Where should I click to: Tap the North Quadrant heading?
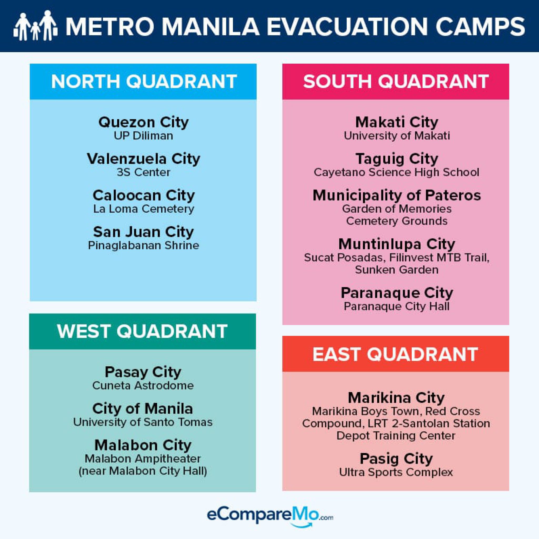click(144, 82)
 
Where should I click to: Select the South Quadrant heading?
click(396, 82)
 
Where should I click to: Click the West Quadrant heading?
click(142, 331)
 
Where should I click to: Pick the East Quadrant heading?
click(395, 354)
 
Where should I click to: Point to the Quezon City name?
click(143, 122)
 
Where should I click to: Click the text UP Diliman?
click(143, 136)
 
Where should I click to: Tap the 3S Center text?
click(143, 172)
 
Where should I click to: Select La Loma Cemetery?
click(143, 209)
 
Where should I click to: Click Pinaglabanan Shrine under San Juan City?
click(143, 246)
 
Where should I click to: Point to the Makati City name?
click(396, 122)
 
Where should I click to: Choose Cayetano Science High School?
click(396, 172)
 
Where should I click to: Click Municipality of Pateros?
click(396, 195)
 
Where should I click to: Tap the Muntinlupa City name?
click(396, 244)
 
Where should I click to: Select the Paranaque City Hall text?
click(396, 306)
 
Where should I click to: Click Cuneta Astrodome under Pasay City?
click(143, 386)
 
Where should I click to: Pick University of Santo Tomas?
click(143, 422)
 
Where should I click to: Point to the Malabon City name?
click(143, 445)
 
